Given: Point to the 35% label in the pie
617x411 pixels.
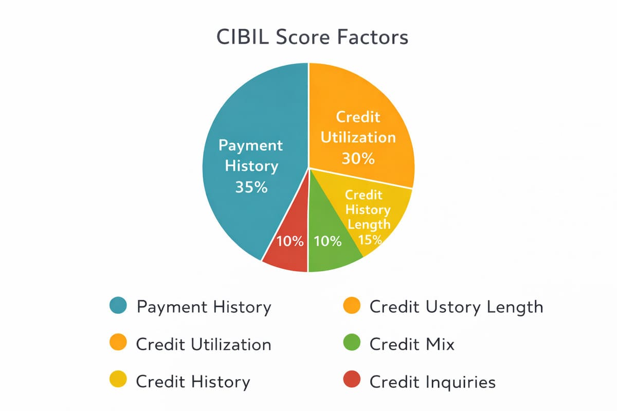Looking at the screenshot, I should tap(251, 188).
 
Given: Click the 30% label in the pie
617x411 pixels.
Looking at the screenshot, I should tap(358, 159).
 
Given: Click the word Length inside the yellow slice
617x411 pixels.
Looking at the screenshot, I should tap(369, 225).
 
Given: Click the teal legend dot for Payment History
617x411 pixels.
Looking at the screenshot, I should tap(118, 306).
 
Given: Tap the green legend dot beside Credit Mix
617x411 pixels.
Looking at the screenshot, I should tap(351, 344).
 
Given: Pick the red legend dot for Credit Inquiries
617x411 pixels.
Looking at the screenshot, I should tap(351, 381).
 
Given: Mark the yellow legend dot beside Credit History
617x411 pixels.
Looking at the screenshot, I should tap(118, 381).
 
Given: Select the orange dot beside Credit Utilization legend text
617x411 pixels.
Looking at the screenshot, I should tap(118, 344).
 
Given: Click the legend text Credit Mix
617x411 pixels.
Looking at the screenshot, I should tap(412, 344).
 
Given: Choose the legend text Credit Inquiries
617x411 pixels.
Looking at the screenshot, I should tap(432, 382).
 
